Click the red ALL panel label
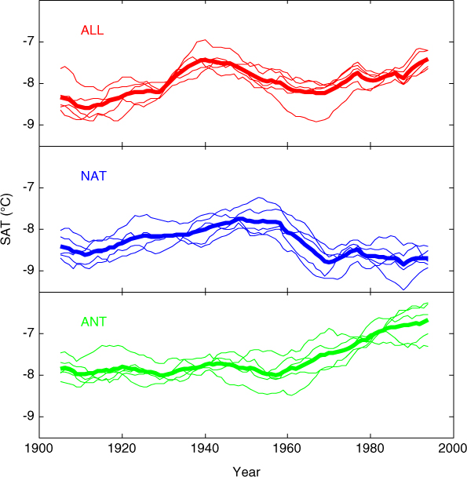point(93,30)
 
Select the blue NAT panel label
point(93,177)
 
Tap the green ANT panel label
point(93,322)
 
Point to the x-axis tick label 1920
point(122,449)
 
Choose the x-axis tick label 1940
point(205,449)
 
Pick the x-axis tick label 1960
point(287,449)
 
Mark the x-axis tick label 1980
point(370,449)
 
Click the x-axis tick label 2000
point(453,449)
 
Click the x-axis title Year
point(246,472)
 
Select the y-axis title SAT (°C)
point(6,219)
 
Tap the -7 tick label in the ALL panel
point(29,42)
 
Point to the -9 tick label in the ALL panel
point(29,125)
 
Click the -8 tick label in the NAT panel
point(29,229)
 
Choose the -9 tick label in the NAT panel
point(29,271)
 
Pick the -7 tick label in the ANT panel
point(29,333)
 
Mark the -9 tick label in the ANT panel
point(29,417)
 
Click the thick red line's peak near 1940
point(205,60)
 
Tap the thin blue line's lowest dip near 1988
point(403,289)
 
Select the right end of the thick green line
point(428,320)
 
